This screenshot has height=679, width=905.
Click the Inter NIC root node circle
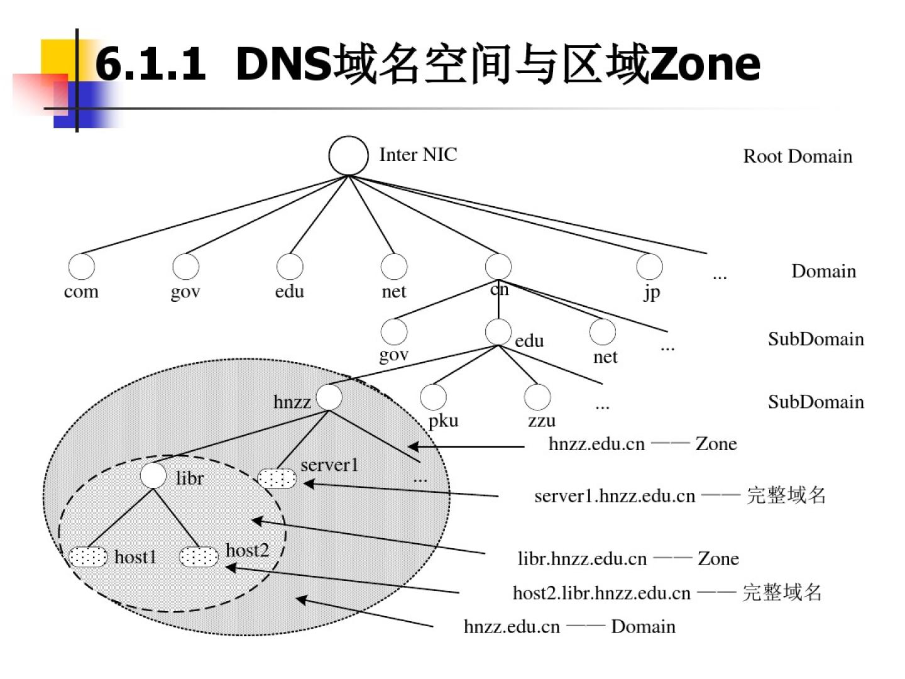tap(348, 155)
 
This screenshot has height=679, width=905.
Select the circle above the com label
tap(81, 267)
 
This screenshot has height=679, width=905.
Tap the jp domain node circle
tap(649, 267)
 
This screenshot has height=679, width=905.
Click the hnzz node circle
tap(329, 397)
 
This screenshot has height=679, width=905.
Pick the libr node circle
tap(153, 475)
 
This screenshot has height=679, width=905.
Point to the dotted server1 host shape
tap(277, 478)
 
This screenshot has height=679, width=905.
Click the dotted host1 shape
tap(88, 557)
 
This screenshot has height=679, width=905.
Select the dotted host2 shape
tap(199, 557)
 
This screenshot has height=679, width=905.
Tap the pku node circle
tap(433, 397)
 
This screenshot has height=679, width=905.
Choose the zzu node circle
tap(537, 397)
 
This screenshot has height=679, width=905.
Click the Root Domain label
tap(798, 157)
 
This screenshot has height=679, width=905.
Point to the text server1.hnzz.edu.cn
tap(615, 496)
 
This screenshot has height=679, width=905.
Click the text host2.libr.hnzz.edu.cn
tap(601, 593)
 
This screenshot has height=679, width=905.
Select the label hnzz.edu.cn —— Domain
tap(569, 627)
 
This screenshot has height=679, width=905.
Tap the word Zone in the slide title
tap(705, 64)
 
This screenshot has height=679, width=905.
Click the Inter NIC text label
tap(418, 155)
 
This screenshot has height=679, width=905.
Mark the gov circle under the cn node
tap(394, 331)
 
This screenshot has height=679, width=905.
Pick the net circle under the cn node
tap(602, 331)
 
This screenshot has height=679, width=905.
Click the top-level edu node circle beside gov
tap(290, 267)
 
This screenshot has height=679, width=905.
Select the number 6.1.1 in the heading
tap(151, 64)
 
